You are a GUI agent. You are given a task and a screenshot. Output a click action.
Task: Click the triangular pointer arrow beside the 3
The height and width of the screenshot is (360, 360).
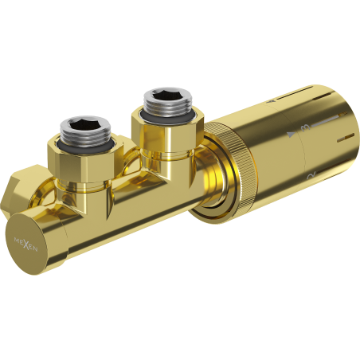pyautogui.click(x=291, y=132)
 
